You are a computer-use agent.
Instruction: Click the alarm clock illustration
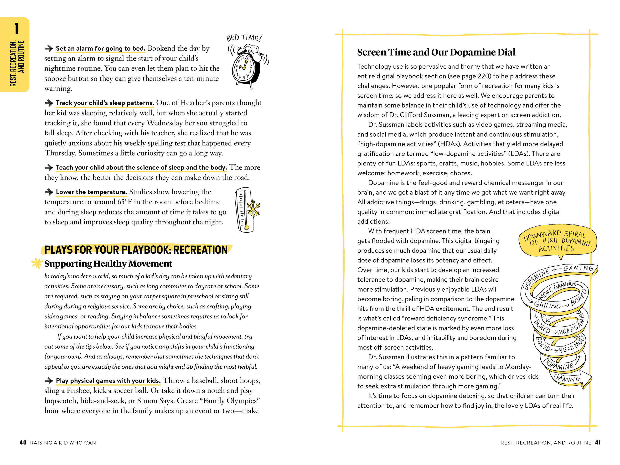(x=246, y=67)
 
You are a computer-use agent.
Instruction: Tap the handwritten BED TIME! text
(x=244, y=38)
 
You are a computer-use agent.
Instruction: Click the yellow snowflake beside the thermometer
(x=253, y=209)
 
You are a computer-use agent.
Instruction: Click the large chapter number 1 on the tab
(x=16, y=28)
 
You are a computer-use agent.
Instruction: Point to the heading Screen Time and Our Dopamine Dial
(x=436, y=52)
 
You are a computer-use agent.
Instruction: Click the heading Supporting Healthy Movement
(x=108, y=263)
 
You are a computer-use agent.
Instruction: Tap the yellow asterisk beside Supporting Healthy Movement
(x=37, y=263)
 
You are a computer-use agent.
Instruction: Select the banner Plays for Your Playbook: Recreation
(x=136, y=250)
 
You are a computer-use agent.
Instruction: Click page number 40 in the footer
(x=23, y=443)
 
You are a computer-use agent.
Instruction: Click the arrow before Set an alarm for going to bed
(x=49, y=48)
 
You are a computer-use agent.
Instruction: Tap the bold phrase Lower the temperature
(x=91, y=192)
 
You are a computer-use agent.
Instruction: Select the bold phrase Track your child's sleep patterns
(x=105, y=103)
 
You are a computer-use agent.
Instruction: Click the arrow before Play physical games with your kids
(x=49, y=381)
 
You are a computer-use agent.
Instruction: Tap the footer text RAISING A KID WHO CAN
(x=63, y=443)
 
